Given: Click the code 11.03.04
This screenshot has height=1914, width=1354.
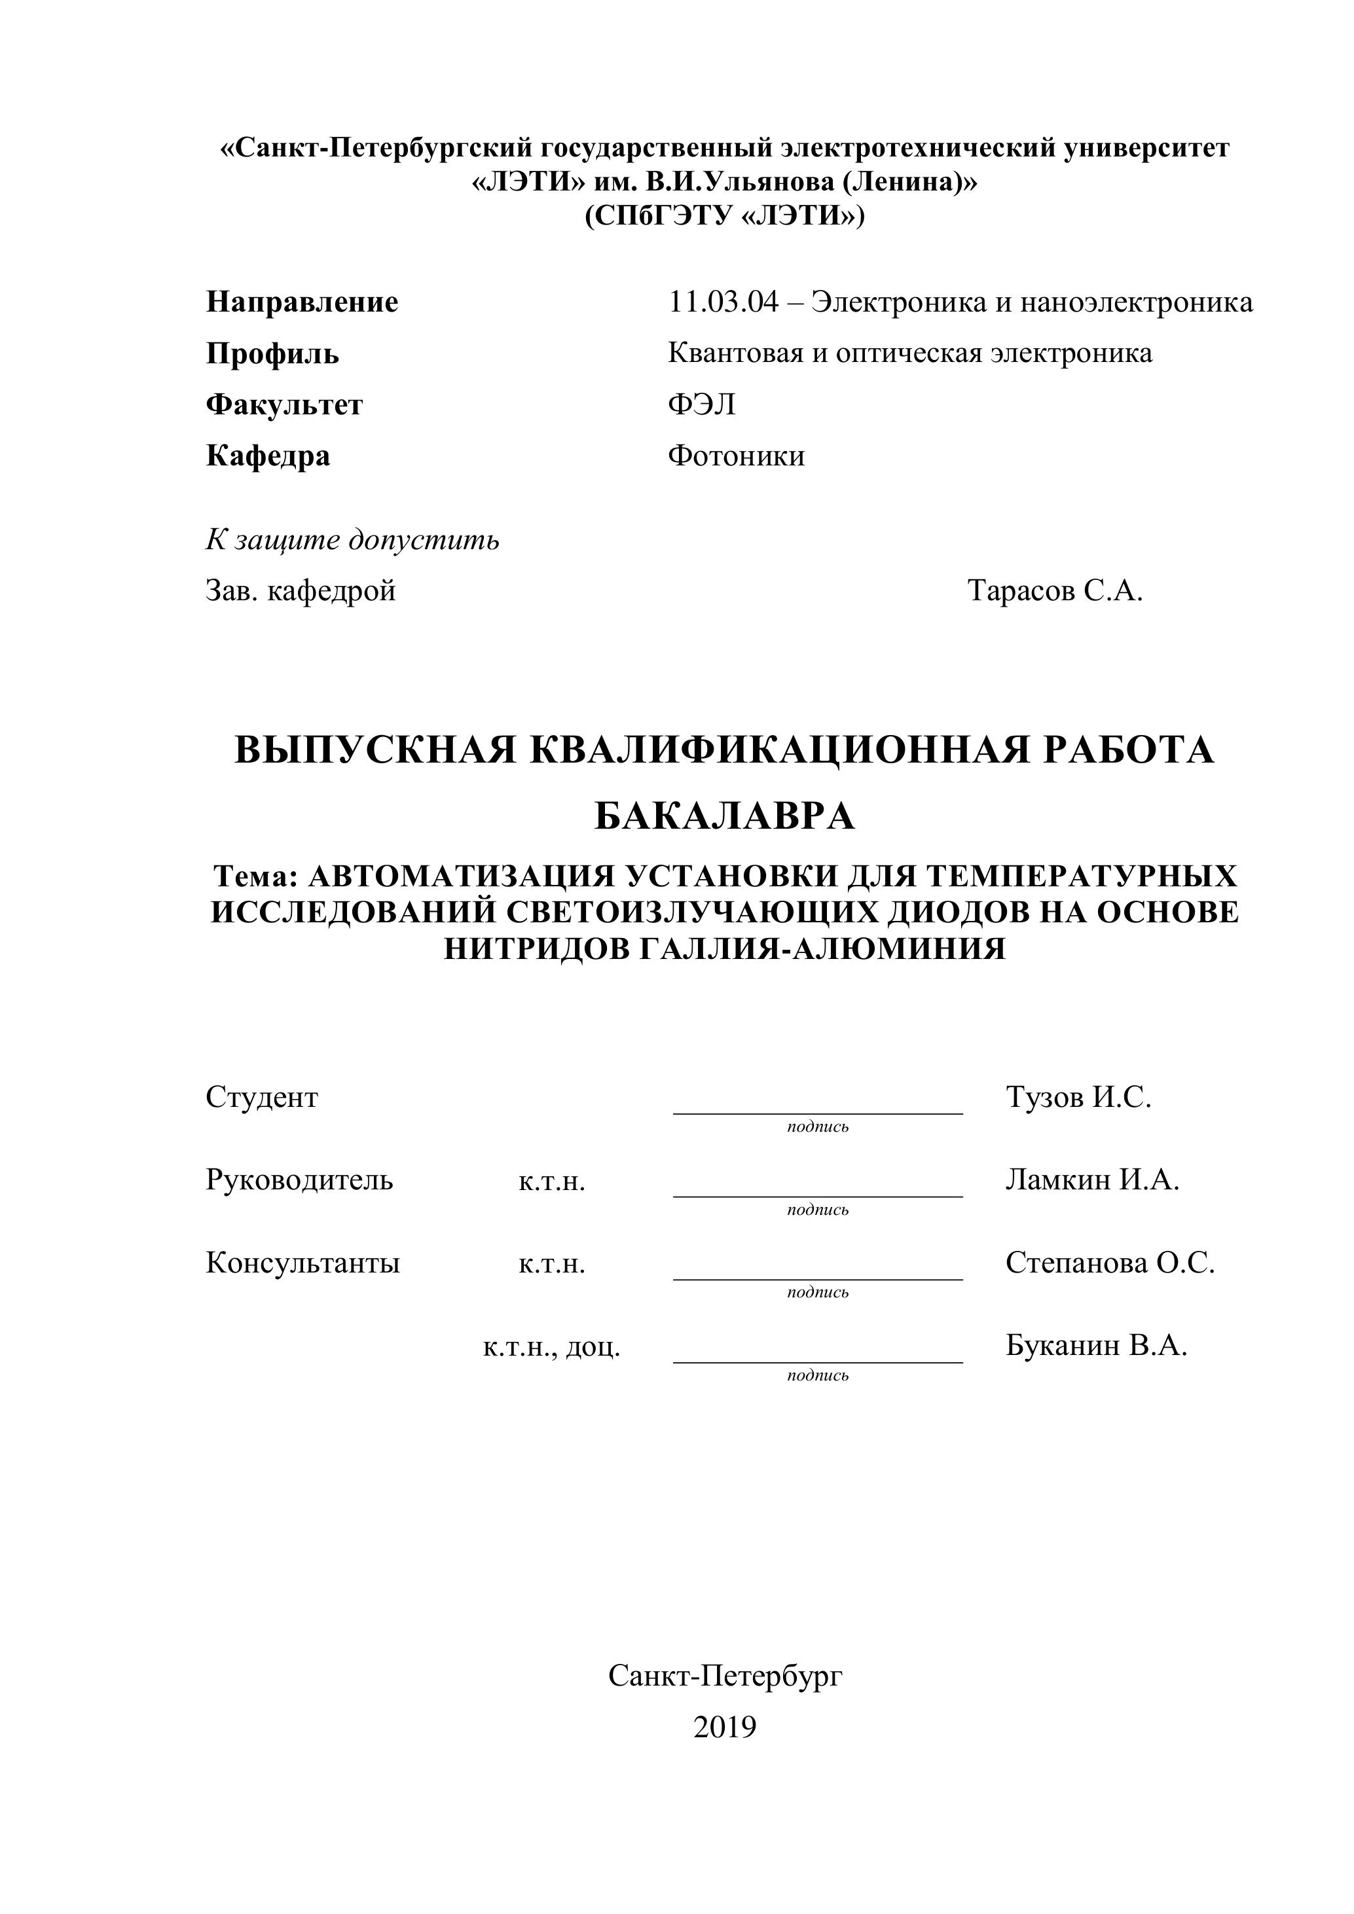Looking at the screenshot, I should pyautogui.click(x=723, y=302).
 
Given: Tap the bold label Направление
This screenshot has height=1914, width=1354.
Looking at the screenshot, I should pyautogui.click(x=302, y=302).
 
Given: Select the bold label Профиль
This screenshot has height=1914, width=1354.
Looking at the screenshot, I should pyautogui.click(x=272, y=353).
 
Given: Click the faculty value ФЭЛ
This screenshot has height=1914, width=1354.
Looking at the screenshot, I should pyautogui.click(x=701, y=405).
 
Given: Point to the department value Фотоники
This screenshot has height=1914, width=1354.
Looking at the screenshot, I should pyautogui.click(x=736, y=456).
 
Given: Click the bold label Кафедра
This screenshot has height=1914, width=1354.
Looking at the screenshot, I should pyautogui.click(x=268, y=456).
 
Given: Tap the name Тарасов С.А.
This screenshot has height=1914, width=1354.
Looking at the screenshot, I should pyautogui.click(x=1055, y=591).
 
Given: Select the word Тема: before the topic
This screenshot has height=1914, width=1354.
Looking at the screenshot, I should pyautogui.click(x=256, y=876).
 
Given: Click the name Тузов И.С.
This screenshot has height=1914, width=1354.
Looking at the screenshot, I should pyautogui.click(x=1078, y=1097).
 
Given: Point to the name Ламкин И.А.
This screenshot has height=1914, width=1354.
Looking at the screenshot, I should pyautogui.click(x=1092, y=1180).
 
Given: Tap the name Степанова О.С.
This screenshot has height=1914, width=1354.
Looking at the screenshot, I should pyautogui.click(x=1110, y=1263).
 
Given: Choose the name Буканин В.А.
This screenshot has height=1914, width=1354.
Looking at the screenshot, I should pyautogui.click(x=1095, y=1345).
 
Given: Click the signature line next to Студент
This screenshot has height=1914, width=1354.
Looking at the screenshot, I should pyautogui.click(x=817, y=1112).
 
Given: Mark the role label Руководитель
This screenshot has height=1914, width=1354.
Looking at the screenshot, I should pyautogui.click(x=299, y=1180).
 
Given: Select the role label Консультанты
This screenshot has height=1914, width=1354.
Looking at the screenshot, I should pyautogui.click(x=302, y=1263).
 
